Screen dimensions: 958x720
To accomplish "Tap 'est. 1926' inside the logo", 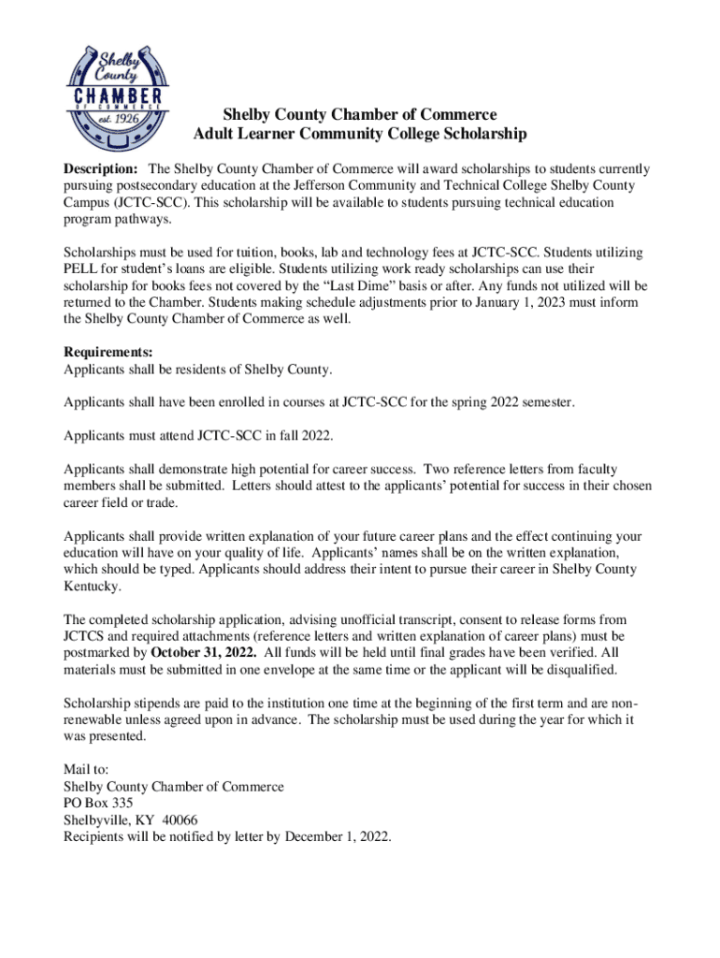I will [119, 120].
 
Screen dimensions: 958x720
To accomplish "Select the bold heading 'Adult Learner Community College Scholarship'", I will [359, 135].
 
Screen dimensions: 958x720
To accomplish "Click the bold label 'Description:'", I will [100, 169].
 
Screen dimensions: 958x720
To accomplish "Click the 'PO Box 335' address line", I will [97, 803].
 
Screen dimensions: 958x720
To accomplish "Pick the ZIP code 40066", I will [180, 820].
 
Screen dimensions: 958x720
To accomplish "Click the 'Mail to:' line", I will [86, 769].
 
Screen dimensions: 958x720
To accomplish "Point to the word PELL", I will [80, 269].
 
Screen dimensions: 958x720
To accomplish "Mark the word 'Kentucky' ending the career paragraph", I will [92, 587].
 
